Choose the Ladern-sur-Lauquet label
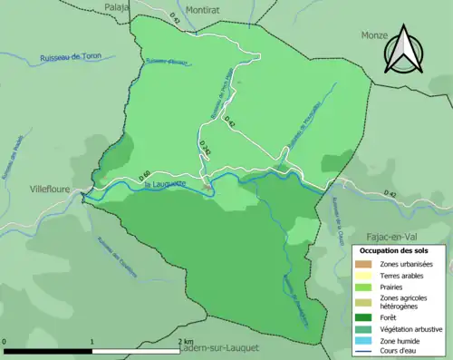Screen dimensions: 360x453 click(x=218, y=348)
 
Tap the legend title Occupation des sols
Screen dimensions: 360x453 click(x=394, y=249)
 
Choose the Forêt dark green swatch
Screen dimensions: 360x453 click(x=366, y=317)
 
